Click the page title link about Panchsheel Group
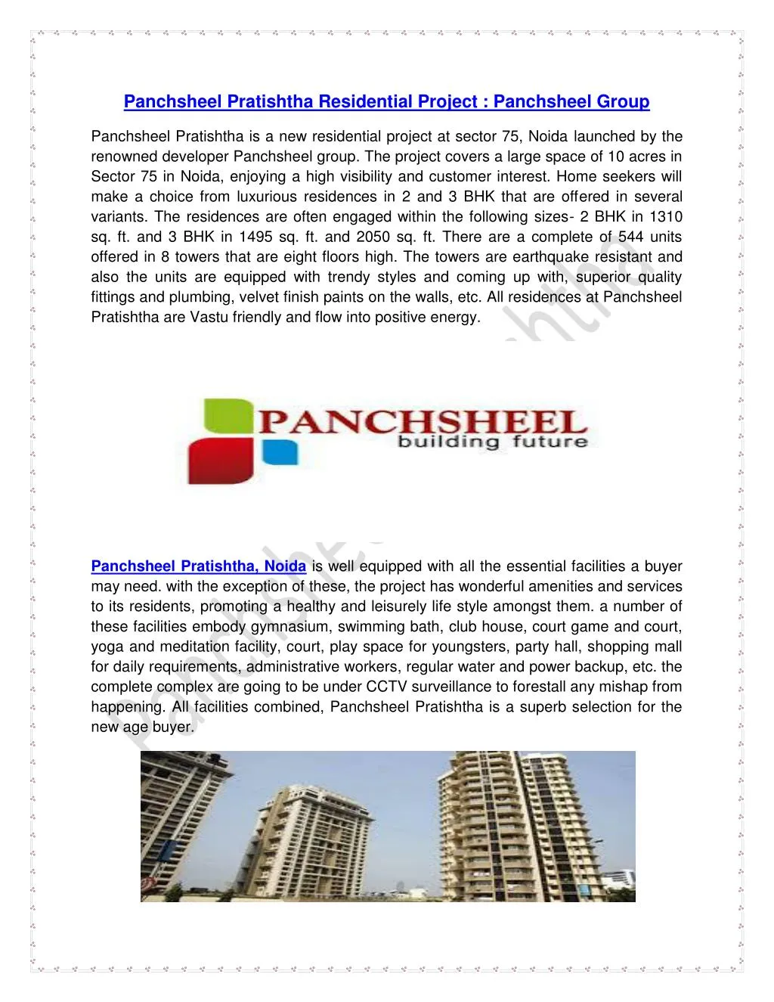click(x=386, y=101)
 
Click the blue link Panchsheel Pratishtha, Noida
click(x=198, y=566)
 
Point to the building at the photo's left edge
click(x=163, y=824)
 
